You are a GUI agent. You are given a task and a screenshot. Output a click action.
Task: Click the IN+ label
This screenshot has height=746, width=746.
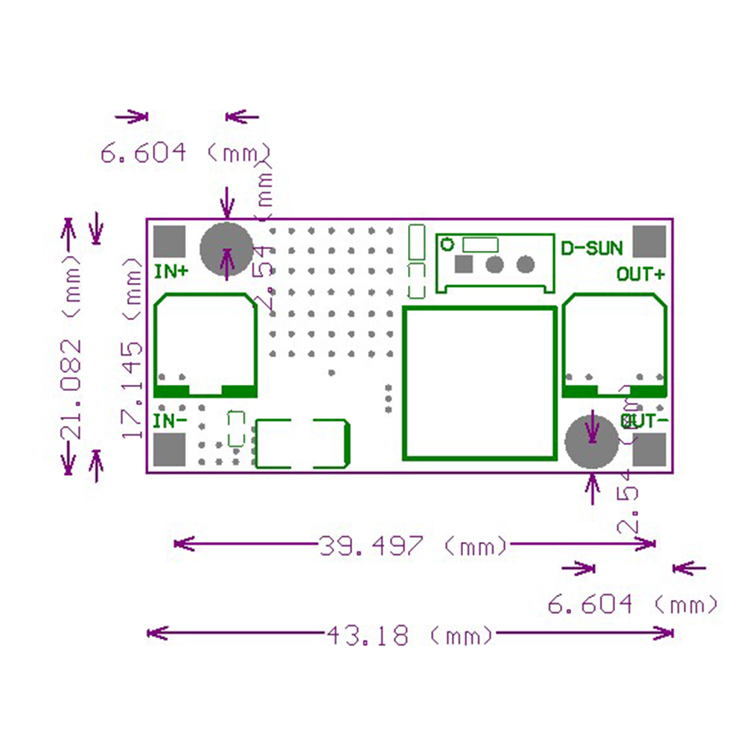[x=170, y=272]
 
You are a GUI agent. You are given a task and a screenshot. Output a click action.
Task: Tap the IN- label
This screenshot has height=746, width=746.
[x=170, y=421]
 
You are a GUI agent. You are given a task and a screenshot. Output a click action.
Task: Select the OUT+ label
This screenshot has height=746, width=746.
[x=640, y=274]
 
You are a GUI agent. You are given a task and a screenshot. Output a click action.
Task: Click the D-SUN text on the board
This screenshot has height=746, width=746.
[x=592, y=249]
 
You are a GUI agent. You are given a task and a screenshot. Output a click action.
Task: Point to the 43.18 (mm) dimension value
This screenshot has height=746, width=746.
[x=409, y=635]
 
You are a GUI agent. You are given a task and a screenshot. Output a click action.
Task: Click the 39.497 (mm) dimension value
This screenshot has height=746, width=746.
[x=413, y=546]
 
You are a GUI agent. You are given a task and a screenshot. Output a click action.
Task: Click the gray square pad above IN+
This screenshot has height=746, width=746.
[x=169, y=241]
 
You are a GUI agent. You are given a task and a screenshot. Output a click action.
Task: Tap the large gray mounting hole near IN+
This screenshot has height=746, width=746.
[x=227, y=250]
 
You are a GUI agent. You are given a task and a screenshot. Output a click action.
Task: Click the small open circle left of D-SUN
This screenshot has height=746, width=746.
[x=447, y=243]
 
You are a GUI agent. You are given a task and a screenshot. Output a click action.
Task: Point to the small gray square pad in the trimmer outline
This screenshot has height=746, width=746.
[x=464, y=264]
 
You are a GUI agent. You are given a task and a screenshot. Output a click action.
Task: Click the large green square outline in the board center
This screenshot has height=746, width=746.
[x=479, y=383]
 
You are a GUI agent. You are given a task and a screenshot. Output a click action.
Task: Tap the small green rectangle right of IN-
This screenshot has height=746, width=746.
[x=236, y=428]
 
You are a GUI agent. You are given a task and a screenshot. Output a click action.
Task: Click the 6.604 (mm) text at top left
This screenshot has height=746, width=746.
[x=185, y=153]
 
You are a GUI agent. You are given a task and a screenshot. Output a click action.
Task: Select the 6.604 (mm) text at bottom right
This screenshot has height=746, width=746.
[x=633, y=604]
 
